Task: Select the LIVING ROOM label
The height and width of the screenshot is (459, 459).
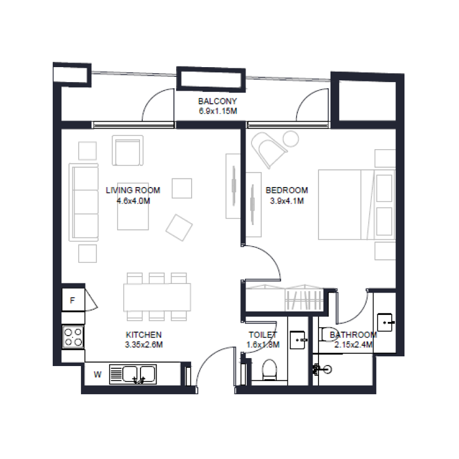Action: [133, 190]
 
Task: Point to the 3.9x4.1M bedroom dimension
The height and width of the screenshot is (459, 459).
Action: [286, 201]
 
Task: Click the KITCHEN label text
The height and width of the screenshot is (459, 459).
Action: [143, 334]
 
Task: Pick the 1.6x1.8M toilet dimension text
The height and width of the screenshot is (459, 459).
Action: [263, 345]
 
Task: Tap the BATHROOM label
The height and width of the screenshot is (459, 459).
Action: [353, 335]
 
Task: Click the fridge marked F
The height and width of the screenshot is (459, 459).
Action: [73, 300]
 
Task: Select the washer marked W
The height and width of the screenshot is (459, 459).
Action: [98, 375]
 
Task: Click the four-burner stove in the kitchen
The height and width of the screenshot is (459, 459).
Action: [73, 336]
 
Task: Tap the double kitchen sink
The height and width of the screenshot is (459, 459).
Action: [131, 375]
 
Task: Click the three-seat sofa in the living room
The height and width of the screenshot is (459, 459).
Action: [84, 203]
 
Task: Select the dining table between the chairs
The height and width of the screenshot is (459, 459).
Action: [157, 297]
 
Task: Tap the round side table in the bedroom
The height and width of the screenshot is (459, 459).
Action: [291, 138]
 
